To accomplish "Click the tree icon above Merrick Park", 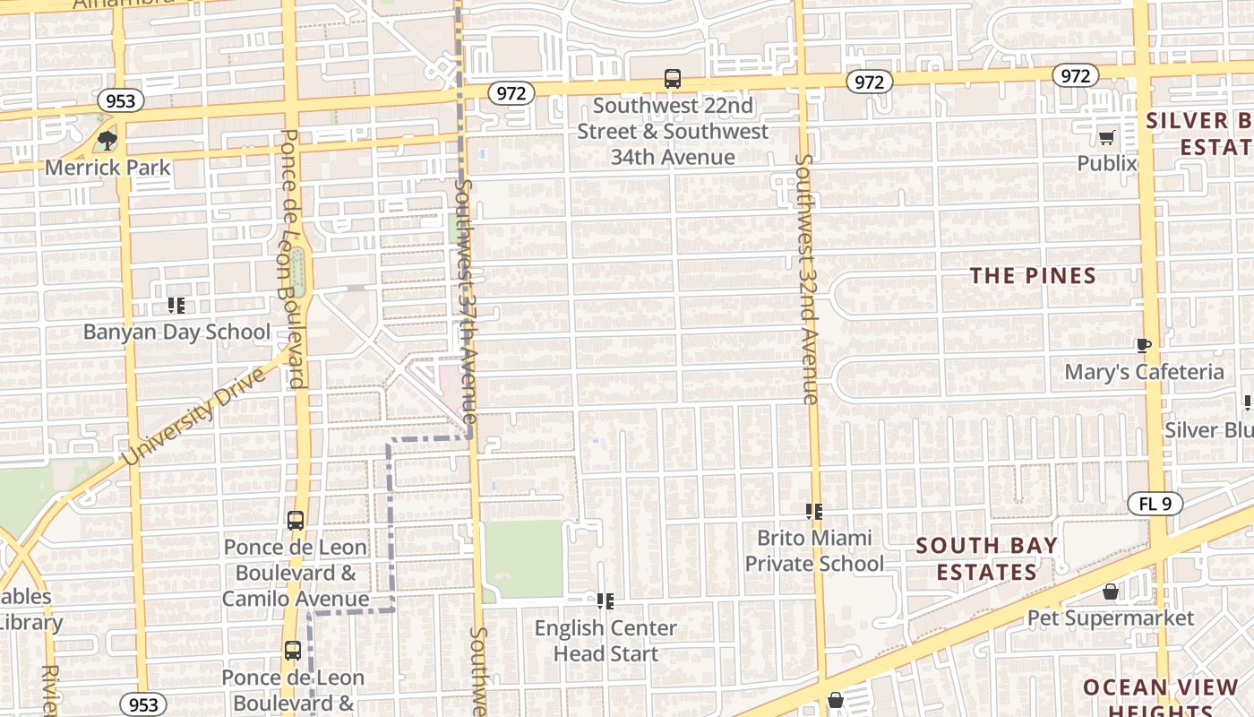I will click(x=107, y=140).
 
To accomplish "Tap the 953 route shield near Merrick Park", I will click(x=119, y=100).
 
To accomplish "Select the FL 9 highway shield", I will click(x=1155, y=504).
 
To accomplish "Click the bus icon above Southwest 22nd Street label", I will click(x=673, y=79).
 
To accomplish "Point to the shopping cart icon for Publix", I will click(x=1106, y=137).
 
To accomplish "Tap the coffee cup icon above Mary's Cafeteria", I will click(x=1143, y=345).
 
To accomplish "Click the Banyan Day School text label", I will click(x=176, y=332).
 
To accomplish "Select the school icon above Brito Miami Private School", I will click(x=813, y=511).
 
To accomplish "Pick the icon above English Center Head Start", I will click(x=606, y=600).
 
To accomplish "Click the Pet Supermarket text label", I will click(x=1110, y=618).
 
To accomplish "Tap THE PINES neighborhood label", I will click(x=1034, y=276).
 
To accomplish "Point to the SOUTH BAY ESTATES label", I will click(x=986, y=558).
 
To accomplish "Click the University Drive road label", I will click(x=194, y=416).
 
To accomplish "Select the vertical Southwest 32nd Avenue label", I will click(x=806, y=279).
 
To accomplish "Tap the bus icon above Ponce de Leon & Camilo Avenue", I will click(x=295, y=520).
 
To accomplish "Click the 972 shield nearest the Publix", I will click(x=1074, y=76).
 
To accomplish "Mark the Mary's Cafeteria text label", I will click(x=1144, y=372).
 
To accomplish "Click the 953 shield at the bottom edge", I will click(x=143, y=704).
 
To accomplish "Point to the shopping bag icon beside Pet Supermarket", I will click(x=1110, y=592).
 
